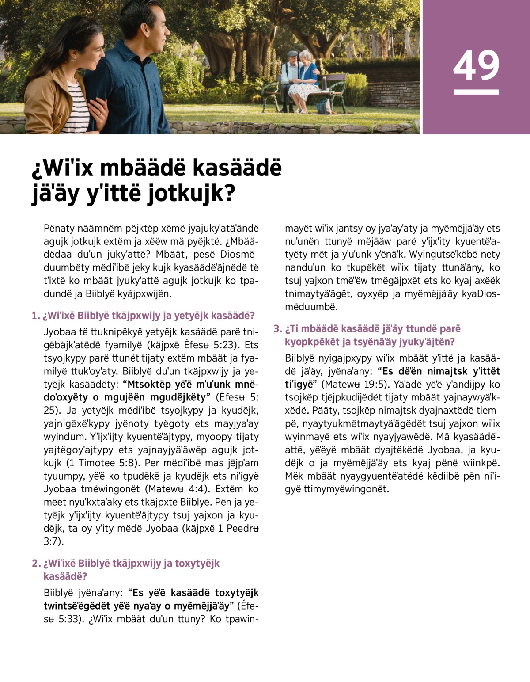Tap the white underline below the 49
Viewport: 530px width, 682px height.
[x=476, y=92]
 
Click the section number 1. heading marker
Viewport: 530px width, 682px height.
[x=36, y=316]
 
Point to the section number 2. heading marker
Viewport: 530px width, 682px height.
[x=36, y=564]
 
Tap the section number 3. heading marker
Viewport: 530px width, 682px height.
[x=277, y=329]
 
